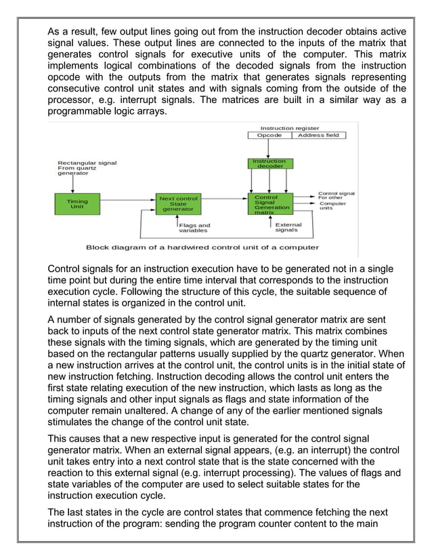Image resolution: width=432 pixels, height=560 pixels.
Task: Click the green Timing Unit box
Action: (x=77, y=203)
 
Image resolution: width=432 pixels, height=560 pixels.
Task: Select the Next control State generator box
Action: (x=177, y=203)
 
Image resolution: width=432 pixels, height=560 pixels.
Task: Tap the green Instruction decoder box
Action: (x=269, y=164)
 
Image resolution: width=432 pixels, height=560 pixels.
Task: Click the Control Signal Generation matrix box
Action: (x=270, y=204)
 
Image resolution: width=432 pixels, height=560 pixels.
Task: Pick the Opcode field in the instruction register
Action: (x=269, y=135)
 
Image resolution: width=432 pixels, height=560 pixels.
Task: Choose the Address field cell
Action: (x=318, y=135)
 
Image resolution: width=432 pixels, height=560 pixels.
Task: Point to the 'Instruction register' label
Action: (x=290, y=127)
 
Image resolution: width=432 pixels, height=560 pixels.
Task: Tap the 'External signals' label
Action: (x=289, y=227)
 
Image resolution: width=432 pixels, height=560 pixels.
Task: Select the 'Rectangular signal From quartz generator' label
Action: (x=87, y=168)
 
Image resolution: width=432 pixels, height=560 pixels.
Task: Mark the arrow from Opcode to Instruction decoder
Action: (x=269, y=148)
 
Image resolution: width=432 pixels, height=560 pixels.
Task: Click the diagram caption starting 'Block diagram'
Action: (x=202, y=247)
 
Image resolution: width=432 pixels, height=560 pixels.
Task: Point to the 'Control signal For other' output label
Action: (x=336, y=195)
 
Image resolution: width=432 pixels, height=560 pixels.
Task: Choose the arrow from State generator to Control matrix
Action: (x=224, y=200)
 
